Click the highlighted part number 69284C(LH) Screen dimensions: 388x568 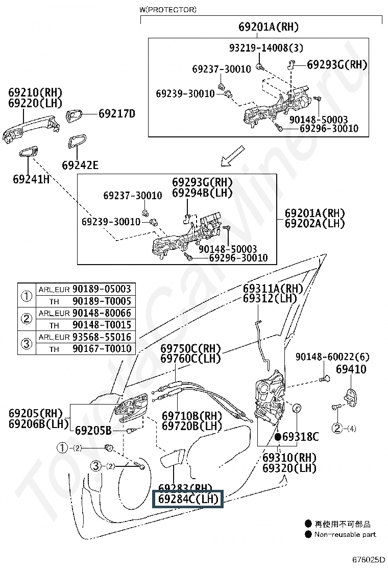pyautogui.click(x=188, y=499)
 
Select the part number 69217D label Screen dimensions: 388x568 pyautogui.click(x=117, y=114)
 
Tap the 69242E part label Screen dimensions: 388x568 pyautogui.click(x=80, y=165)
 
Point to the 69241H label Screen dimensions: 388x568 pyautogui.click(x=31, y=179)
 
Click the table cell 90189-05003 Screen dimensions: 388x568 pyautogui.click(x=102, y=289)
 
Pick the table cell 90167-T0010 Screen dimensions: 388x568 pyautogui.click(x=102, y=349)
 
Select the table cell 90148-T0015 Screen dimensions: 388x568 pyautogui.click(x=102, y=325)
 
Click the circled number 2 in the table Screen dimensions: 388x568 pyautogui.click(x=27, y=319)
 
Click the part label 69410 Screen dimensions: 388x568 pyautogui.click(x=351, y=369)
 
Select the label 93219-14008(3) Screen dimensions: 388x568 pyautogui.click(x=266, y=48)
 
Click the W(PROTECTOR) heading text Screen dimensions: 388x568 pyautogui.click(x=168, y=10)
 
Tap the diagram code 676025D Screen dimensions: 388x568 pyautogui.click(x=369, y=560)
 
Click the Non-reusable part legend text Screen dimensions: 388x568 pyautogui.click(x=345, y=534)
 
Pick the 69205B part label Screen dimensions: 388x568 pyautogui.click(x=93, y=431)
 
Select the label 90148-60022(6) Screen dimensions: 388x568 pyautogui.click(x=332, y=357)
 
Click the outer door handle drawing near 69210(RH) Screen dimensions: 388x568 pyautogui.click(x=31, y=129)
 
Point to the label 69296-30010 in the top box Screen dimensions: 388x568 pyautogui.click(x=329, y=128)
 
